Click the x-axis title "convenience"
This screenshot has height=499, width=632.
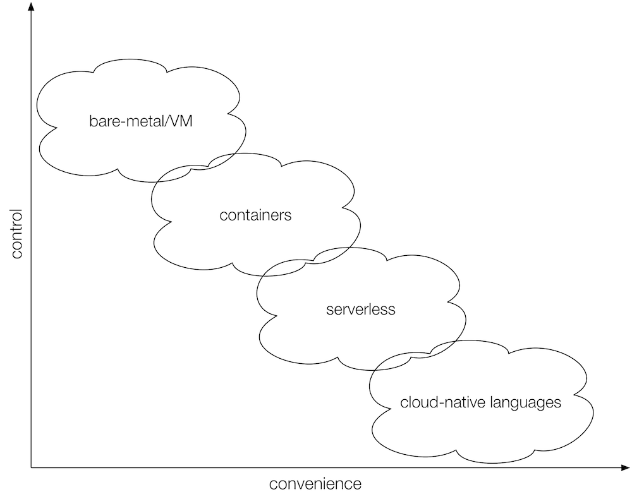click(315, 484)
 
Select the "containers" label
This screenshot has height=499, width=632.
click(255, 215)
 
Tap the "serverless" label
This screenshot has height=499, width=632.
click(360, 310)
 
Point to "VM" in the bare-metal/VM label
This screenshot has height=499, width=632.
click(181, 120)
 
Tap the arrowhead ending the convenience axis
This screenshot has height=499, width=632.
click(626, 468)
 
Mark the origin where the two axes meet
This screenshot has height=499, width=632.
click(30, 468)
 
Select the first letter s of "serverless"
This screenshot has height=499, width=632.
click(329, 310)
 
